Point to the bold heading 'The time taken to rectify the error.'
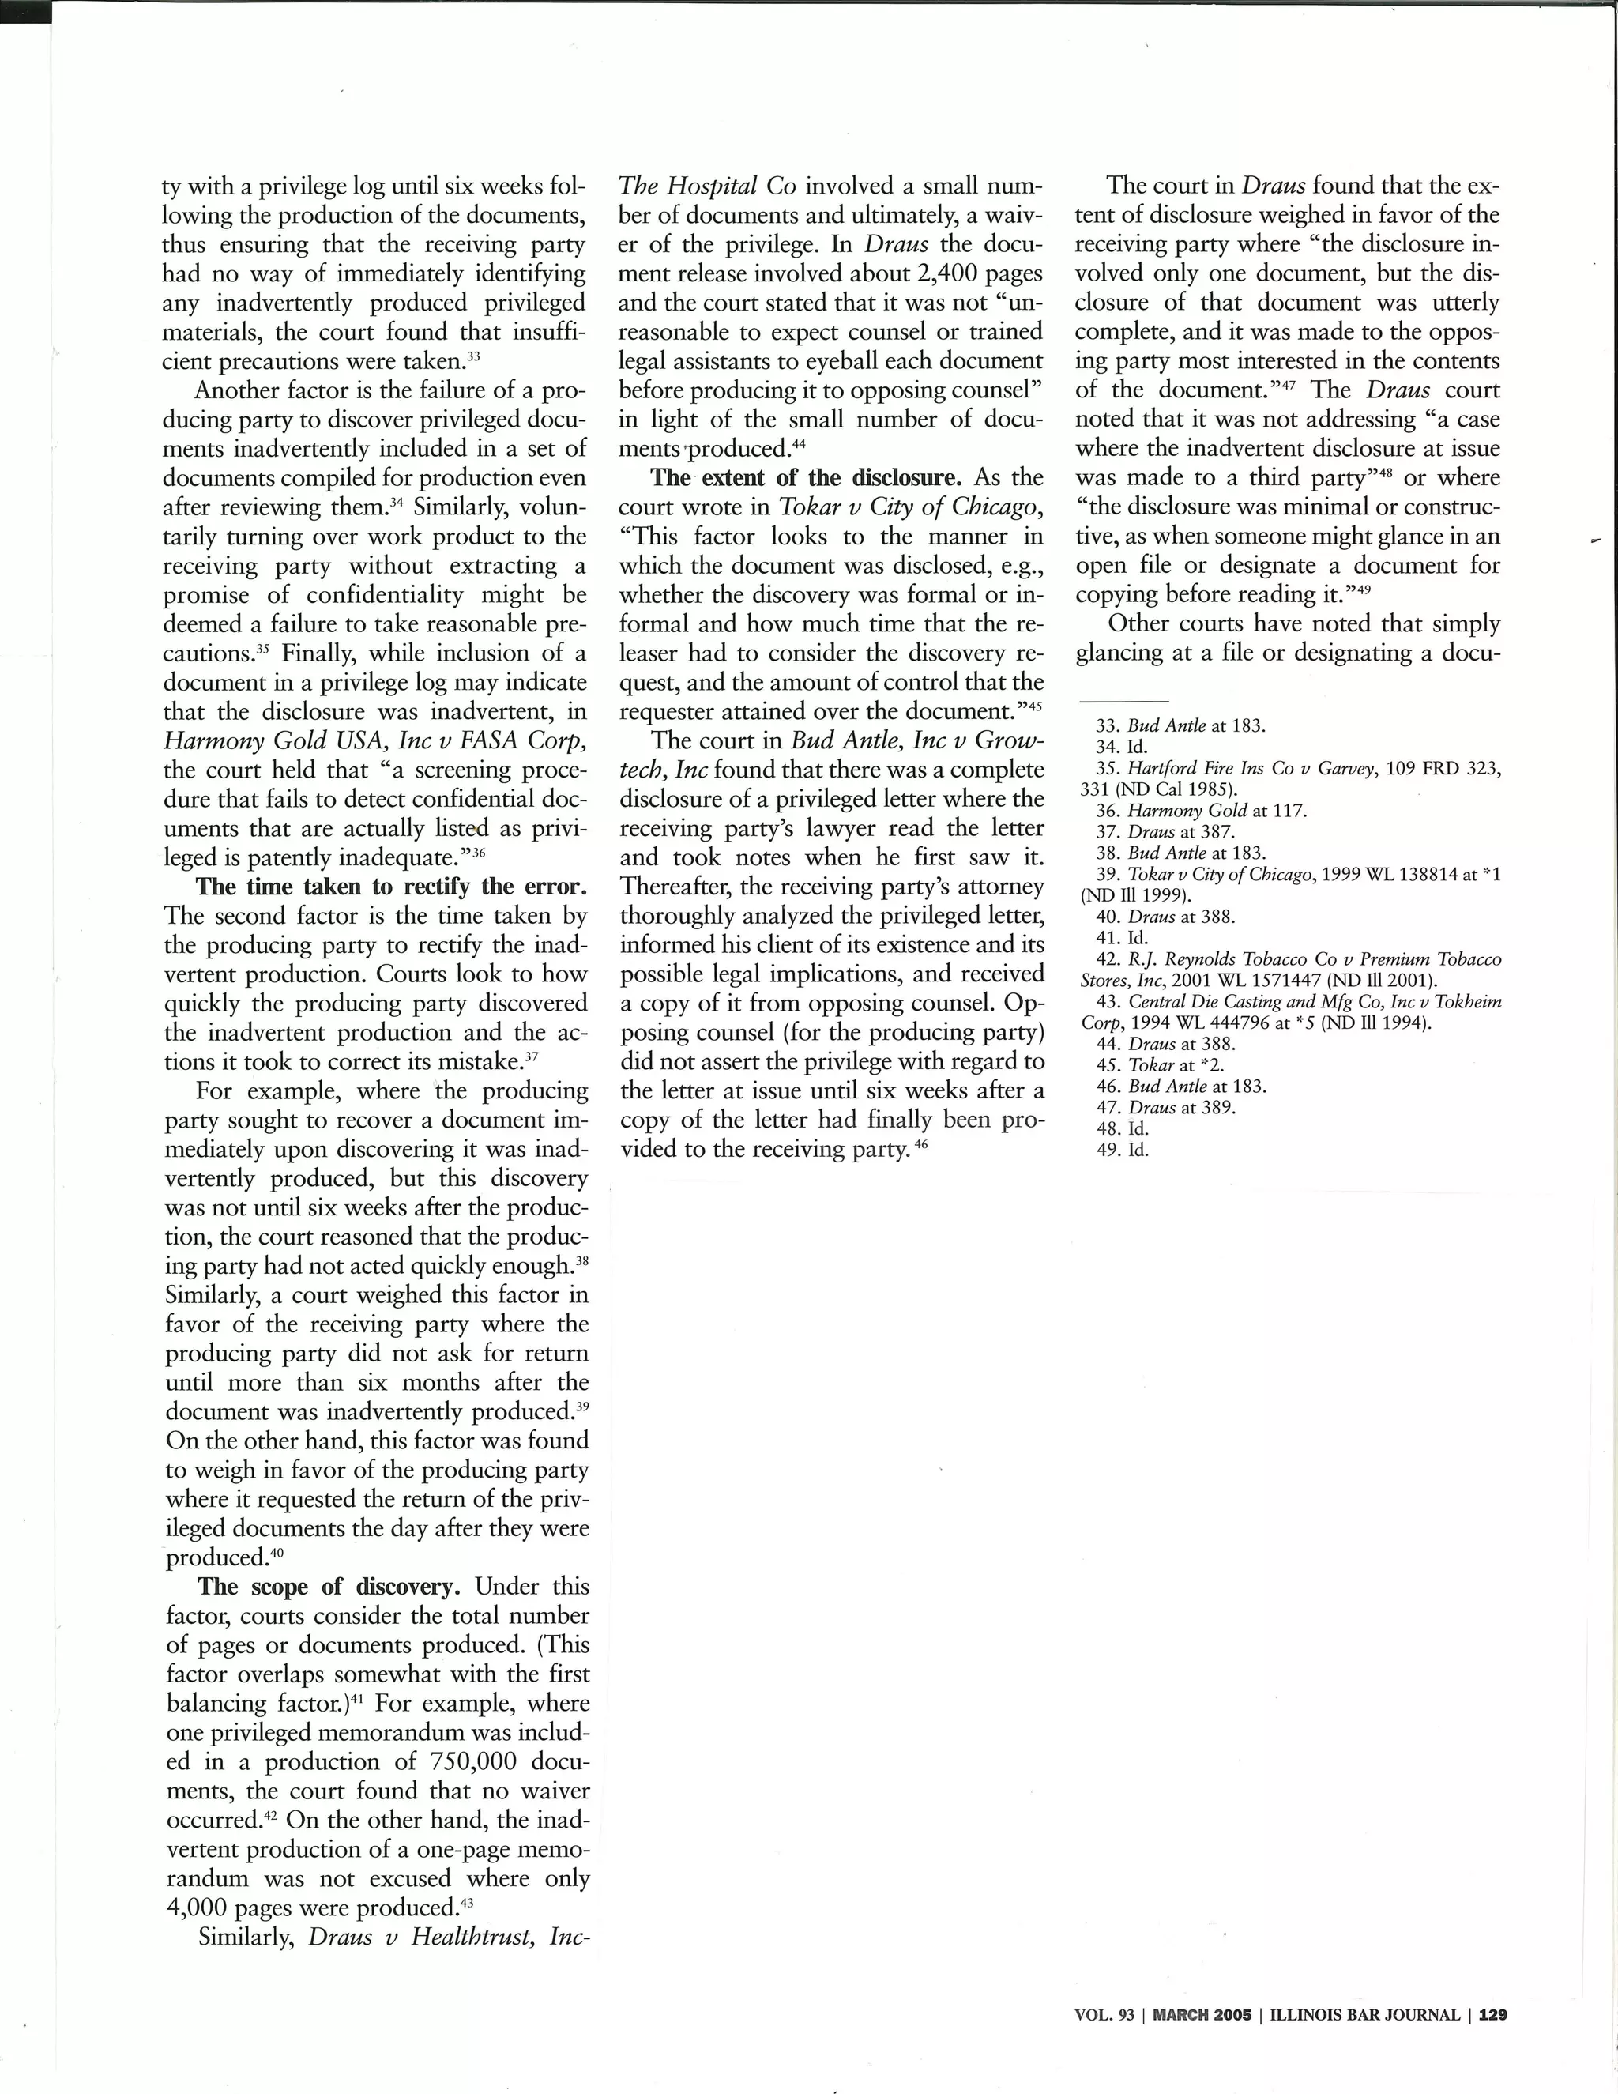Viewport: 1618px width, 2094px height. [391, 886]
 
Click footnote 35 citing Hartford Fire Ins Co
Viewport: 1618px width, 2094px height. [1285, 778]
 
